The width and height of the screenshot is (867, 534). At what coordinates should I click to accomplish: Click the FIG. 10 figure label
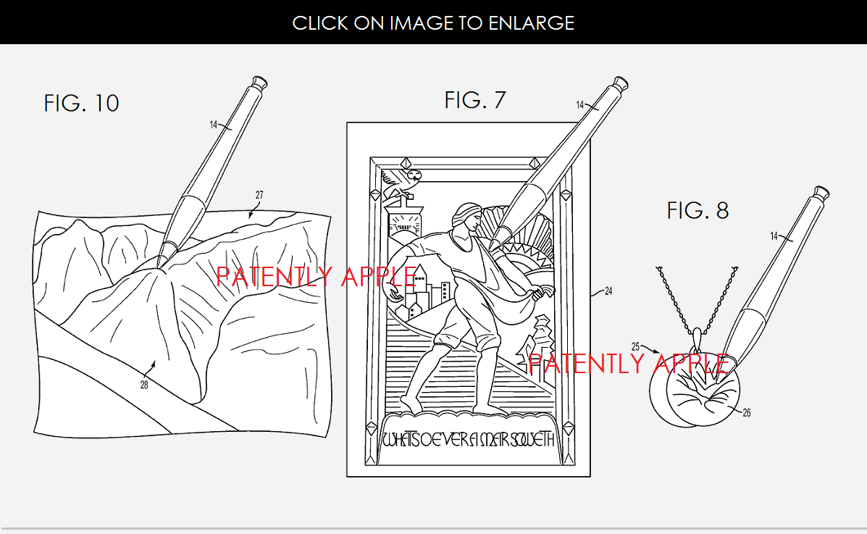click(x=81, y=103)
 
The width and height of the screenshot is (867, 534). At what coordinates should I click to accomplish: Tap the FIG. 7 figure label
click(x=474, y=100)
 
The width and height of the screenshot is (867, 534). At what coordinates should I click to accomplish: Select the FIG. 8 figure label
click(x=698, y=210)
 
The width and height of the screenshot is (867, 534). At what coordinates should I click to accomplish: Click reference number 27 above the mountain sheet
click(x=260, y=195)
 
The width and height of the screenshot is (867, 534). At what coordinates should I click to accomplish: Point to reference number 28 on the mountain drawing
click(x=144, y=385)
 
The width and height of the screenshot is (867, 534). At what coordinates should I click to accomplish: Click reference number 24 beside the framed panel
click(x=608, y=291)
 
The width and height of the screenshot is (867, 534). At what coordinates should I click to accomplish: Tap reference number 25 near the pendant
click(x=635, y=347)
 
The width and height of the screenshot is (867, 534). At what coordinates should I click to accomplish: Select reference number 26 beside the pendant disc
click(x=747, y=413)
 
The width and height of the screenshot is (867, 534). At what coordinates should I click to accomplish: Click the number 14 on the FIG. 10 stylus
click(x=214, y=125)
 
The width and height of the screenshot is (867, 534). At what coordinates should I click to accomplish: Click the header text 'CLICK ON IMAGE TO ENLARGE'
click(x=433, y=22)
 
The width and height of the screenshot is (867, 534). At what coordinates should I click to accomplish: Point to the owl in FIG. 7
click(x=411, y=175)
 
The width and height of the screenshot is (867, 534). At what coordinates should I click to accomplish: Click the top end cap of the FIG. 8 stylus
click(x=821, y=193)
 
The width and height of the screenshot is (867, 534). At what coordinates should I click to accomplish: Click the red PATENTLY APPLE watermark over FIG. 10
click(x=317, y=276)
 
